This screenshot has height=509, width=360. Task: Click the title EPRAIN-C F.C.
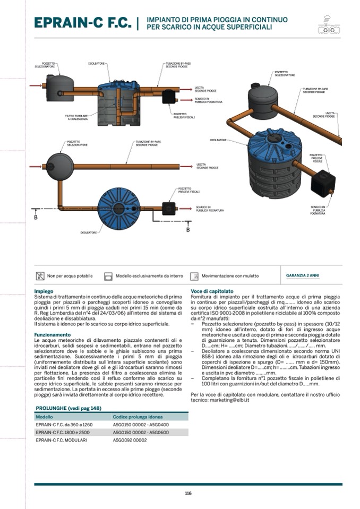82,23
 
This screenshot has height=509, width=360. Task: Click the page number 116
188,494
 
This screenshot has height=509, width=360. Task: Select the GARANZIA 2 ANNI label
303,275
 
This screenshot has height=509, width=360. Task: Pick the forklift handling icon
194,276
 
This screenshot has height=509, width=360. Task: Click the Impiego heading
44,291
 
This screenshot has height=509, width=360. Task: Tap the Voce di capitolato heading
212,291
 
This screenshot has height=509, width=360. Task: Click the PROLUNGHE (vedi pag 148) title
68,408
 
